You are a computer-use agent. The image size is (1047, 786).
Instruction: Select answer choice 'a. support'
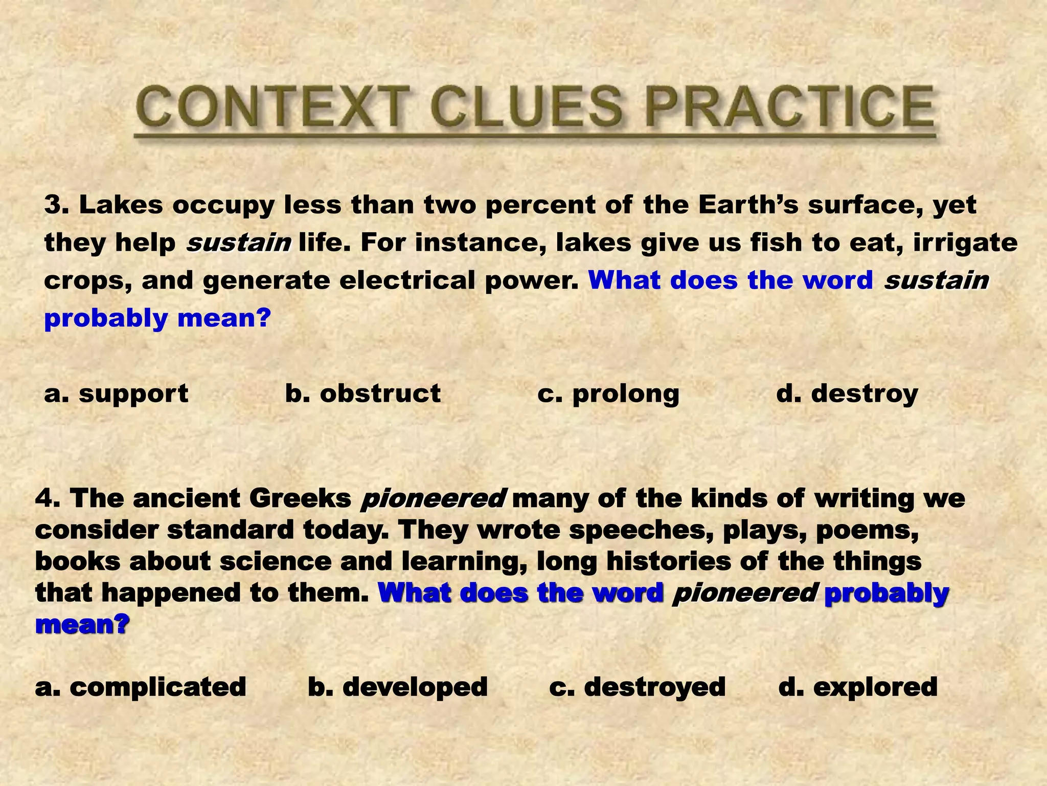(117, 394)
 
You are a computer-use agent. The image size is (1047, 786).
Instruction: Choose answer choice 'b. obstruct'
(362, 394)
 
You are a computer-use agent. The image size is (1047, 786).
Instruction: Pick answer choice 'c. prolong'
(608, 394)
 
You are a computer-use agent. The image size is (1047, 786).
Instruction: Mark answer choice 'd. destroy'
(847, 394)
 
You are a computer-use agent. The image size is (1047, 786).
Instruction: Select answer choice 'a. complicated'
(141, 687)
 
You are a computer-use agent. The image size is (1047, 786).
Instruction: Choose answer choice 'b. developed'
(398, 687)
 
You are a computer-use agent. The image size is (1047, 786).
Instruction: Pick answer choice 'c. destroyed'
(637, 687)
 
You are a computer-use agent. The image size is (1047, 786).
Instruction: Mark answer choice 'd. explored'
(858, 687)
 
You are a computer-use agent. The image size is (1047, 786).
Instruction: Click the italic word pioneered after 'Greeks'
(434, 498)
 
